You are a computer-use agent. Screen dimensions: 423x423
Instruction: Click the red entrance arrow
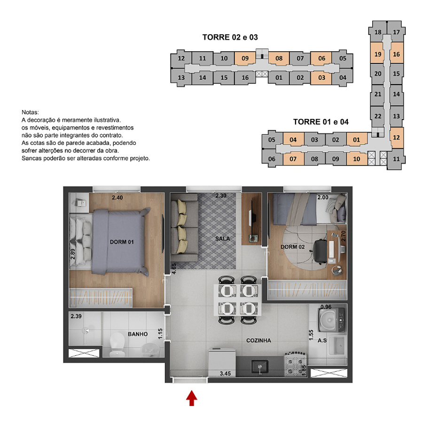pyautogui.click(x=192, y=398)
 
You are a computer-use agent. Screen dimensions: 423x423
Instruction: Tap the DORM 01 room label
pyautogui.click(x=122, y=242)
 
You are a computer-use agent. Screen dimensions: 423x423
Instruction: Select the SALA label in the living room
pyautogui.click(x=223, y=238)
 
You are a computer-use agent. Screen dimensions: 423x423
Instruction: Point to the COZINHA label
pyautogui.click(x=258, y=340)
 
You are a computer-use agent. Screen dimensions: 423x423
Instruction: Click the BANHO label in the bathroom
pyautogui.click(x=138, y=334)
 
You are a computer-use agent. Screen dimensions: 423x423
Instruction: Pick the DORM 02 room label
pyautogui.click(x=292, y=247)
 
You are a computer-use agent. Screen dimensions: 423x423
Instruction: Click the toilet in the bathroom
pyautogui.click(x=117, y=345)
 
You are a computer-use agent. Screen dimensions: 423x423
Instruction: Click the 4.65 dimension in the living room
pyautogui.click(x=174, y=269)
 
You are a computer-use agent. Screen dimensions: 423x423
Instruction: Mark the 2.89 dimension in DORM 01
pyautogui.click(x=73, y=254)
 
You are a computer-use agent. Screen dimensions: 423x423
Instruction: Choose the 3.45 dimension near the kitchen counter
pyautogui.click(x=225, y=373)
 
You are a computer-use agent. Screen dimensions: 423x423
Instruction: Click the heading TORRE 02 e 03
pyautogui.click(x=230, y=37)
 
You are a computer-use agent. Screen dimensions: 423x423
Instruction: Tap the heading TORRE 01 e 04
pyautogui.click(x=321, y=122)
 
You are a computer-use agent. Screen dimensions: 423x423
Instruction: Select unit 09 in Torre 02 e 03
pyautogui.click(x=245, y=58)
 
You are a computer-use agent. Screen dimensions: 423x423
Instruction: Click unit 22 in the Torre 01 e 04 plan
pyautogui.click(x=378, y=116)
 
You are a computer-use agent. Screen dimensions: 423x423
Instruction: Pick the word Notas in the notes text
pyautogui.click(x=30, y=112)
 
